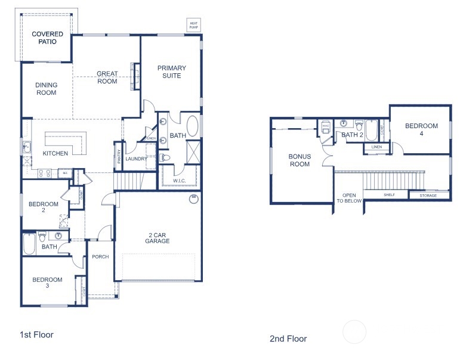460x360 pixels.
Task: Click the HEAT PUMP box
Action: click(x=194, y=25)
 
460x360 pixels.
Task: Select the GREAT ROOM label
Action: click(x=107, y=77)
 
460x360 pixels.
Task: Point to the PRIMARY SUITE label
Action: click(x=172, y=72)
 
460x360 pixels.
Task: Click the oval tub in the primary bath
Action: click(x=194, y=127)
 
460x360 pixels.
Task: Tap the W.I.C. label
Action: click(x=180, y=181)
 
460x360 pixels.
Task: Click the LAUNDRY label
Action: click(x=136, y=159)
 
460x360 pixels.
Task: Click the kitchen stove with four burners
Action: click(x=44, y=173)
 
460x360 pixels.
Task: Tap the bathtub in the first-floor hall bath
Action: click(x=29, y=244)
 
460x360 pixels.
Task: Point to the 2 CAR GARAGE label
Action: click(x=157, y=237)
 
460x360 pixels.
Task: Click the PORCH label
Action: click(x=100, y=257)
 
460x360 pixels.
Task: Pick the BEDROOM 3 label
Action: click(x=47, y=283)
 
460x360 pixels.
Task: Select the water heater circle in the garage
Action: click(x=193, y=199)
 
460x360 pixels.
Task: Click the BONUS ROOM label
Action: click(x=300, y=160)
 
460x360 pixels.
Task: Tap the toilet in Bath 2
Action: click(x=359, y=126)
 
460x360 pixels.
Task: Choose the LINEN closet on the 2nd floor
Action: click(x=376, y=146)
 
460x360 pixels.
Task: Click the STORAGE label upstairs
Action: click(x=428, y=195)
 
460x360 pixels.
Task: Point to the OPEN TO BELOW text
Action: click(x=349, y=198)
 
